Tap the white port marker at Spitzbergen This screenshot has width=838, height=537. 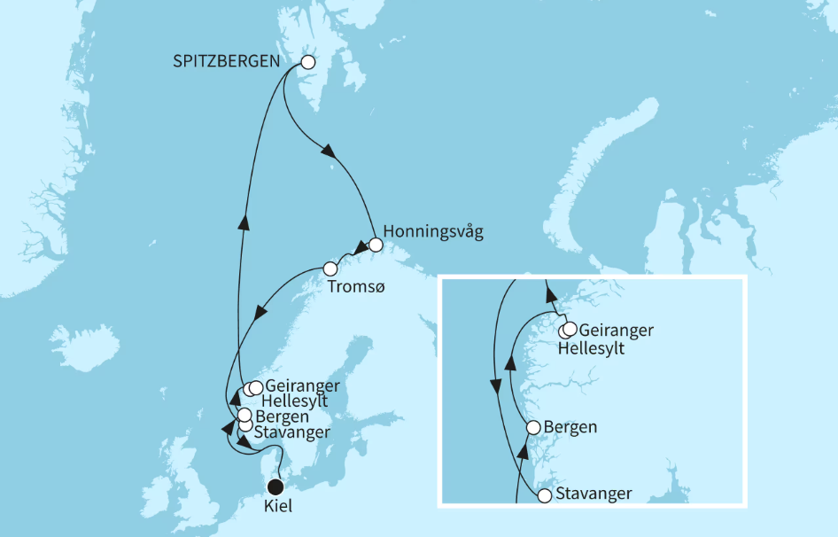(308, 63)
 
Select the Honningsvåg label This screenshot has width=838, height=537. (434, 231)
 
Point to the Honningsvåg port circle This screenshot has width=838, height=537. (376, 244)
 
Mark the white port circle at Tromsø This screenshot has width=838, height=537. (330, 268)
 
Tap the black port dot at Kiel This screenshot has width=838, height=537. (275, 486)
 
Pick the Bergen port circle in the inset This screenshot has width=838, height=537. (533, 427)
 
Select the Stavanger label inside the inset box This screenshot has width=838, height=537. (594, 494)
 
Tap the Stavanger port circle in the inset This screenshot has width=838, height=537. (544, 497)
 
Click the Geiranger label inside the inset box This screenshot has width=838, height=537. (616, 331)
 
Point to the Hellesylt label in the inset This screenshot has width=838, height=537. (592, 348)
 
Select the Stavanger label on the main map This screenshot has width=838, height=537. (291, 432)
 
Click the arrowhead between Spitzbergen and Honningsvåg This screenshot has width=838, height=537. (330, 152)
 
